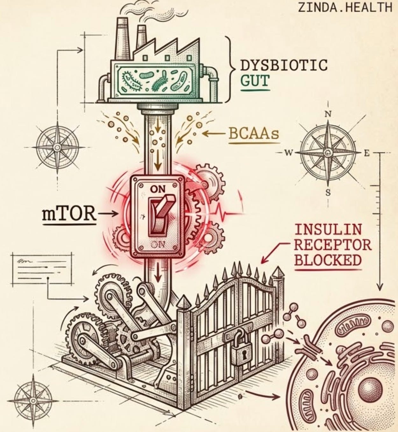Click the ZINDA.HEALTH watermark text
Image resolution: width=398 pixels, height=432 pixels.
[345, 7]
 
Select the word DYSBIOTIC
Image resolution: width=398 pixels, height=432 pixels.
[283, 65]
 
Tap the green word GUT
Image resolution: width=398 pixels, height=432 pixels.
[254, 81]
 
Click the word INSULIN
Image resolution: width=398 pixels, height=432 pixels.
[328, 229]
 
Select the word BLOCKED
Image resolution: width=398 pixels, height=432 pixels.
[328, 260]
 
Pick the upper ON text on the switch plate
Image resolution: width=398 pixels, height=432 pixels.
[158, 189]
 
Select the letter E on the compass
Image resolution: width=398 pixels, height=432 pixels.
[366, 153]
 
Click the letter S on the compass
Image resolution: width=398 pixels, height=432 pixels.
[328, 192]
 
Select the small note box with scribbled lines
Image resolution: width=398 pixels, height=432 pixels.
[42, 269]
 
